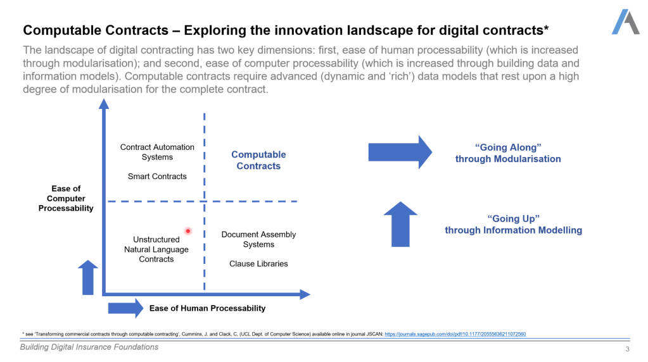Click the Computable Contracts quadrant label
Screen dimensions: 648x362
click(x=258, y=160)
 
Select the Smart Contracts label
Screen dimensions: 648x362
click(x=157, y=176)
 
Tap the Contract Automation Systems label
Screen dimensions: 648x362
click(x=157, y=152)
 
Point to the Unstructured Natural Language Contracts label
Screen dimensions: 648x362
click(x=156, y=249)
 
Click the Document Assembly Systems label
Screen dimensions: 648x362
click(x=258, y=239)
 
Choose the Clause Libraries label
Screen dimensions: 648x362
click(x=258, y=264)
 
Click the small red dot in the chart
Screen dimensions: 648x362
click(x=188, y=231)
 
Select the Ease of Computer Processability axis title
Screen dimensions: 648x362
click(x=66, y=199)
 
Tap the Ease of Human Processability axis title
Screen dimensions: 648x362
click(x=208, y=308)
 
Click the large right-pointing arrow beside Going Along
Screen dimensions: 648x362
click(x=400, y=153)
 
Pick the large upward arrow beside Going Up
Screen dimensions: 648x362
click(x=400, y=224)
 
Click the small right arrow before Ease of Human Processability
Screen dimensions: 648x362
click(x=125, y=308)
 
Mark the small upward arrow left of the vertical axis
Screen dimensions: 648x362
click(x=87, y=277)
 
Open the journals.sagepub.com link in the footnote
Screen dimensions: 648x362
click(x=455, y=334)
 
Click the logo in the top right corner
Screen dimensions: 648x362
click(x=626, y=22)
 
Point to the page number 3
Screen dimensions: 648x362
click(x=627, y=349)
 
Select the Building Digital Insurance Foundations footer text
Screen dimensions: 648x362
click(x=89, y=347)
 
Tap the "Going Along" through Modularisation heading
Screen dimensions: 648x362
click(x=508, y=153)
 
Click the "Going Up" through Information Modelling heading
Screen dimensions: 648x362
click(x=513, y=225)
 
